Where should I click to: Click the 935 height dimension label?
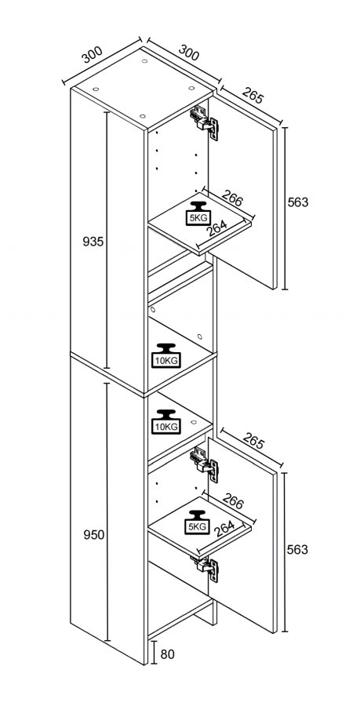93,242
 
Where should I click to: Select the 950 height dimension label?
93,535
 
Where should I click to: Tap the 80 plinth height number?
167,653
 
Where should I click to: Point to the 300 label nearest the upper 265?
189,53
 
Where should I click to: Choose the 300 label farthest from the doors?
92,55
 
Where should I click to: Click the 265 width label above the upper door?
253,95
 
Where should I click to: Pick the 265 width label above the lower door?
253,440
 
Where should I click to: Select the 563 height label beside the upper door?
298,202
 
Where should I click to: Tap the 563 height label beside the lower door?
298,550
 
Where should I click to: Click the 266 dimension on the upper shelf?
232,198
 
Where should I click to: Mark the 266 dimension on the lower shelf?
232,501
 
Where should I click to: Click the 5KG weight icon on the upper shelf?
197,213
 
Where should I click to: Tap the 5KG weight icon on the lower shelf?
197,522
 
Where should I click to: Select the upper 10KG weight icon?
166,355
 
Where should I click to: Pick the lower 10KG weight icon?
166,422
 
